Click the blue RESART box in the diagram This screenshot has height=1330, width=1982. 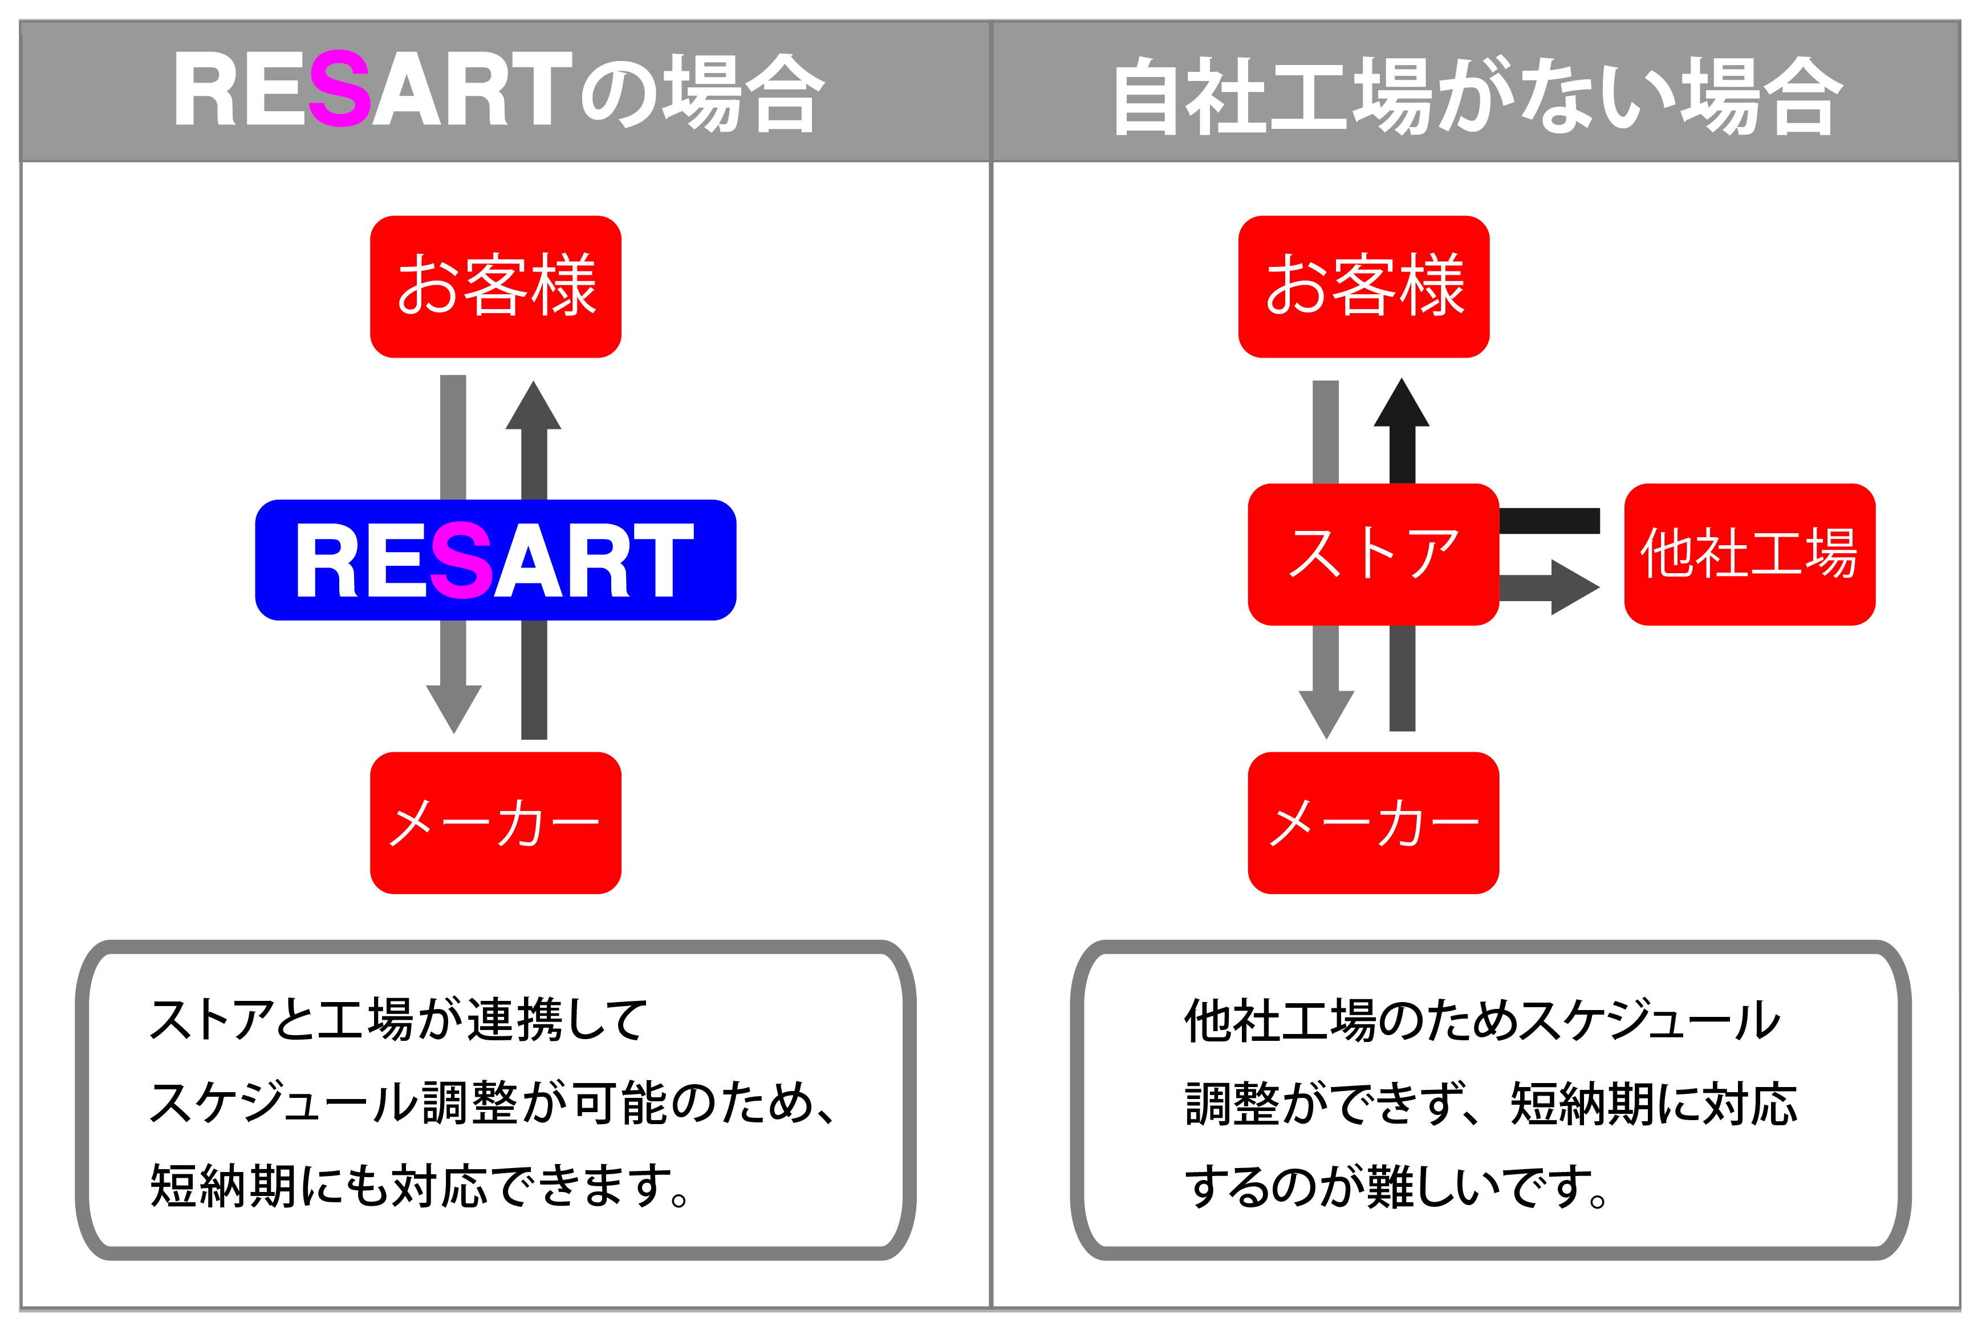[495, 560]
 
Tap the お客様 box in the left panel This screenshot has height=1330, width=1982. [495, 287]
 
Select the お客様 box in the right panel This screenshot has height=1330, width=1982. [1364, 287]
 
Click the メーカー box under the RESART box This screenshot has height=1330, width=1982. [495, 823]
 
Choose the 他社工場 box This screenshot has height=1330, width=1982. [1749, 555]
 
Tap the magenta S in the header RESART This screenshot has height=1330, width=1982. [340, 89]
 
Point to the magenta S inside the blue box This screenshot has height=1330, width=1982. [462, 561]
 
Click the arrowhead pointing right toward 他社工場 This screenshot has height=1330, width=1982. [1575, 587]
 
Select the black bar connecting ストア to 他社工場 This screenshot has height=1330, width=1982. [1549, 521]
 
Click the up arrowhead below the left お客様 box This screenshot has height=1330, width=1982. [534, 406]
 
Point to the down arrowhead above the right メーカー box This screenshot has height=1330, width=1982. [1326, 713]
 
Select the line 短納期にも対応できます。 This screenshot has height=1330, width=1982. [420, 1185]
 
